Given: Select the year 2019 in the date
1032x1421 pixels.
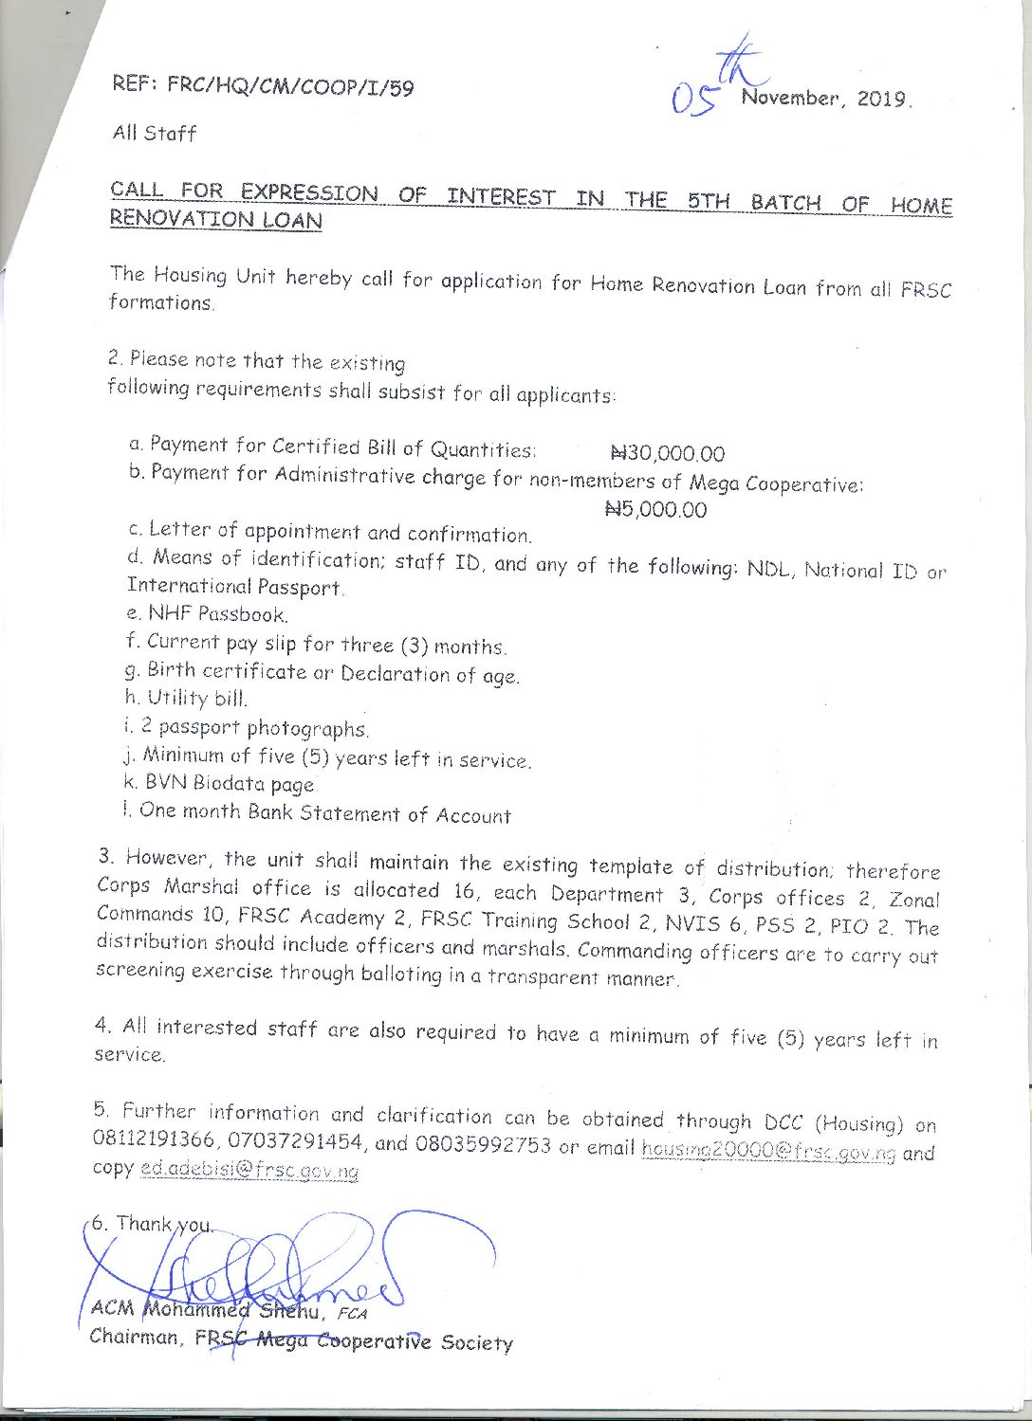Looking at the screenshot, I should point(882,99).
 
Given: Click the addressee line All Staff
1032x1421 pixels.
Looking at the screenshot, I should point(154,133).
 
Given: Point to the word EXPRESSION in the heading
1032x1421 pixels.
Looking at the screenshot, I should point(308,192).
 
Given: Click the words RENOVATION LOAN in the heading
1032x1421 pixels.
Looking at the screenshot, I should point(216,219).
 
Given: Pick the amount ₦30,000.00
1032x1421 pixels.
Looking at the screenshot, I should point(668,454).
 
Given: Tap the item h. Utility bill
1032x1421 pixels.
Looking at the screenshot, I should point(185,700).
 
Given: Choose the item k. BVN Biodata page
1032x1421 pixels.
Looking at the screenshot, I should point(218,784).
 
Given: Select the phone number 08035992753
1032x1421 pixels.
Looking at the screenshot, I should point(482,1145).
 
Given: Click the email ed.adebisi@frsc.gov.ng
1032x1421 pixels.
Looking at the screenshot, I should point(249,1171).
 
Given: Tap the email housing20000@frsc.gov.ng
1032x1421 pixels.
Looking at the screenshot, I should point(768,1151).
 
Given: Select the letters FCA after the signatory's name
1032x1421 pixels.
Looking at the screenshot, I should point(351,1314).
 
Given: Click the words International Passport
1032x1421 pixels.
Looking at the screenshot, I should point(235,587).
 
